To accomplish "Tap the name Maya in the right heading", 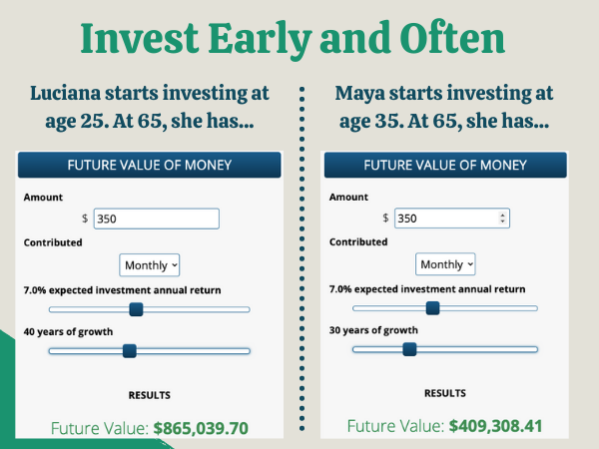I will pyautogui.click(x=365, y=94).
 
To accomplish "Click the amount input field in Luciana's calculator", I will pyautogui.click(x=155, y=219).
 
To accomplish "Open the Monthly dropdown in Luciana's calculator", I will pyautogui.click(x=150, y=264).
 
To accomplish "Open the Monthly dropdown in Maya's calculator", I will pyautogui.click(x=445, y=264).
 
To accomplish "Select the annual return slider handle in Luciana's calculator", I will pyautogui.click(x=137, y=309).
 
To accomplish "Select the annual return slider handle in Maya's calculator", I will pyautogui.click(x=432, y=308).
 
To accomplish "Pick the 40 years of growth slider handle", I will pyautogui.click(x=129, y=350).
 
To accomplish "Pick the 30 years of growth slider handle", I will pyautogui.click(x=409, y=348).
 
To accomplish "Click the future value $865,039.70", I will pyautogui.click(x=200, y=428).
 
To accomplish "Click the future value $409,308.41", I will pyautogui.click(x=495, y=426).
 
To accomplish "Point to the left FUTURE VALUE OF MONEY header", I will pyautogui.click(x=149, y=165).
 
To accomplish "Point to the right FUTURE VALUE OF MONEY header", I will pyautogui.click(x=445, y=165).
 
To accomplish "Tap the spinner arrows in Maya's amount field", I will pyautogui.click(x=502, y=218).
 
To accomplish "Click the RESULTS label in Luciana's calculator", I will pyautogui.click(x=149, y=395).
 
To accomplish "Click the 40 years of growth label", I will pyautogui.click(x=68, y=331).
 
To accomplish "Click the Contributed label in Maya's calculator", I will pyautogui.click(x=357, y=241).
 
